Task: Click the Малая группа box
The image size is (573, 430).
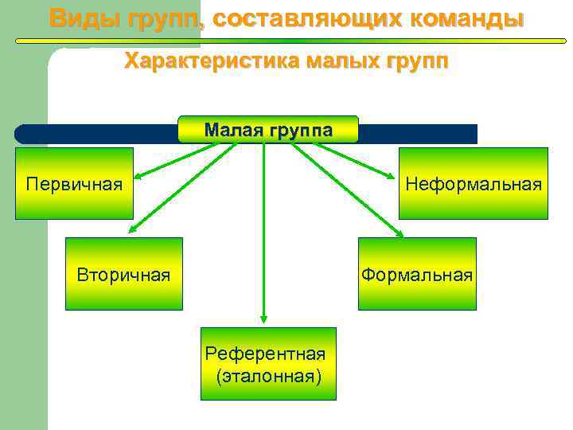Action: coord(268,129)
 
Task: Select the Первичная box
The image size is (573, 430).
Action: coord(74,183)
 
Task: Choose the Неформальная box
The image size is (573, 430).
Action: coord(473,183)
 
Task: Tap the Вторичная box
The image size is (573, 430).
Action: coord(123,274)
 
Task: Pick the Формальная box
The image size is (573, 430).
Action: coord(416,274)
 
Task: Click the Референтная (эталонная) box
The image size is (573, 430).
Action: coord(268,363)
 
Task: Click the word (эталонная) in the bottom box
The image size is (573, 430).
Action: coord(268,375)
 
